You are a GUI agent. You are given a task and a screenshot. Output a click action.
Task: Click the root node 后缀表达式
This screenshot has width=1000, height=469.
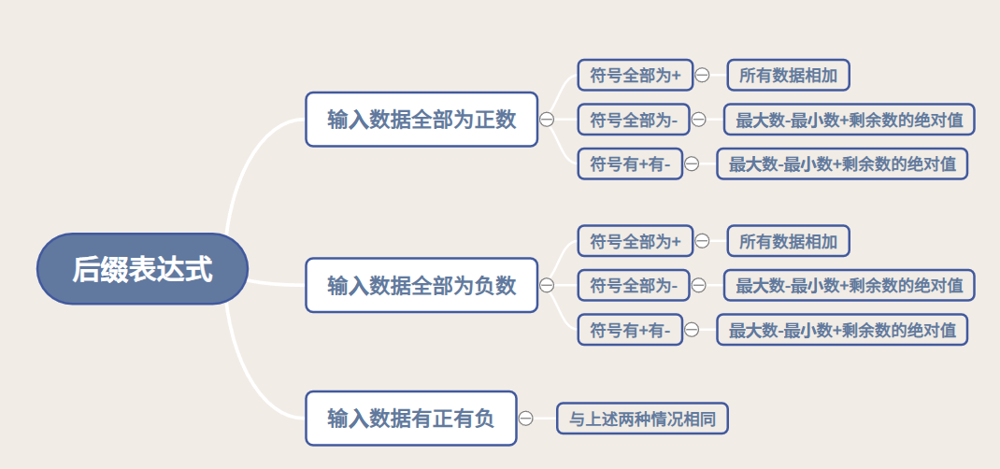[142, 269]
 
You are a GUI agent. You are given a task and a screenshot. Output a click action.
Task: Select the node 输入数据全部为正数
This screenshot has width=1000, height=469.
[421, 120]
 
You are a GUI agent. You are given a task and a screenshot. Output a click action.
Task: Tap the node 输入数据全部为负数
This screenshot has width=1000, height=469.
[421, 285]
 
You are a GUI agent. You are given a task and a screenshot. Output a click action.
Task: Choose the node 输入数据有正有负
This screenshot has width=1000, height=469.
[410, 419]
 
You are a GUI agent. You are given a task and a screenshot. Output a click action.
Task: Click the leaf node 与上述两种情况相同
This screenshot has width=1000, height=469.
[642, 419]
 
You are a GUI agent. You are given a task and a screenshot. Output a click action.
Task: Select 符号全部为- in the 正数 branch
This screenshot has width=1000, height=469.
[634, 120]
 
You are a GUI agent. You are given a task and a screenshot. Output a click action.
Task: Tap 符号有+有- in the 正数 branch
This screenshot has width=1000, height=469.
[630, 164]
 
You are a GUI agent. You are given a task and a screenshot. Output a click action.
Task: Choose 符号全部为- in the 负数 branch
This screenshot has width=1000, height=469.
[634, 285]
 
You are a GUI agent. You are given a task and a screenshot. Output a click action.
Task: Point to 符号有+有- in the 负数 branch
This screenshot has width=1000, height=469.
[630, 329]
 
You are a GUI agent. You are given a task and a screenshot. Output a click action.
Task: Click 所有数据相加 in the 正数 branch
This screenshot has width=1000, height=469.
[788, 75]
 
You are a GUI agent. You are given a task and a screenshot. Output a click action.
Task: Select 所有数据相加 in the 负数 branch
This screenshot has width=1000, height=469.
[788, 241]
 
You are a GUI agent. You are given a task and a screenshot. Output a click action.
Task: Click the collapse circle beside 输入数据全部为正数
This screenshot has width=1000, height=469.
[547, 120]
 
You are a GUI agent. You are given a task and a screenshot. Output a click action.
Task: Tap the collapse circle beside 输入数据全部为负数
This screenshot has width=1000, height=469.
[547, 285]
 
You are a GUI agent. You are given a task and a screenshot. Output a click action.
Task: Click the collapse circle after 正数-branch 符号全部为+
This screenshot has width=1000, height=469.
[702, 75]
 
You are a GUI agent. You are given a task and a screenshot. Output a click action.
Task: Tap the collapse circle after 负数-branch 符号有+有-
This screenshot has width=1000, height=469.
[692, 329]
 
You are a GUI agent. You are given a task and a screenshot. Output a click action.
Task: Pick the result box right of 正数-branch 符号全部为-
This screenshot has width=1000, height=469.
[849, 120]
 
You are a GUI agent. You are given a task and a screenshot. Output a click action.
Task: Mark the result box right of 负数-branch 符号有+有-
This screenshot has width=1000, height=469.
[842, 329]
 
